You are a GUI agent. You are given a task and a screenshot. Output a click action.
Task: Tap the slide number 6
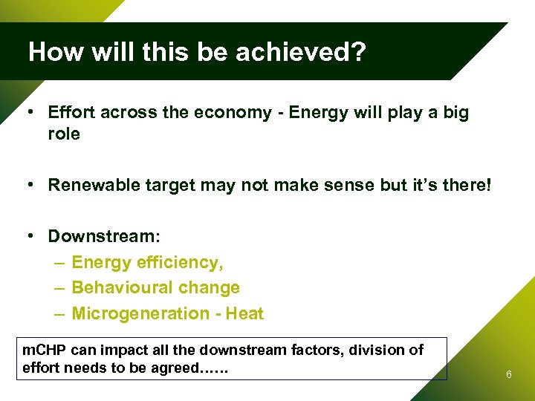pos(508,375)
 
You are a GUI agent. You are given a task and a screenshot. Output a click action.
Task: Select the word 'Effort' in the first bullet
pos(71,112)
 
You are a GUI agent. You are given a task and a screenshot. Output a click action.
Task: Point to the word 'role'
pos(64,134)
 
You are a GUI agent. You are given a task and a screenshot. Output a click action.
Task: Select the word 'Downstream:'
pos(104,236)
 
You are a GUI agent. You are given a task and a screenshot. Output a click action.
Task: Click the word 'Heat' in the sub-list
pos(244,313)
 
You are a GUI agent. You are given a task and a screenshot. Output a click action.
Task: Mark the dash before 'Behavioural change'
pos(59,287)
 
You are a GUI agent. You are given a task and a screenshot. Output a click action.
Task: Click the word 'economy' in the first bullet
pos(241,112)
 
